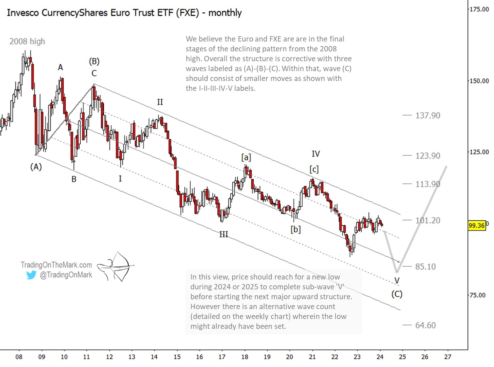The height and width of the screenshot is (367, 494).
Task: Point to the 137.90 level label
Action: [x=427, y=115]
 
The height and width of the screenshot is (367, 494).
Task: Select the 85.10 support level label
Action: [x=425, y=266]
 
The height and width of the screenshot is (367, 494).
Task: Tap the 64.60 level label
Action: [x=425, y=325]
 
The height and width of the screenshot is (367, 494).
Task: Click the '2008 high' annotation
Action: [x=27, y=41]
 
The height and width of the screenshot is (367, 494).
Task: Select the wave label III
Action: [x=223, y=234]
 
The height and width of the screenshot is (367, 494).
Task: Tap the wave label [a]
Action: [x=246, y=157]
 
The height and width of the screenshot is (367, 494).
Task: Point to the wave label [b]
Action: [x=296, y=229]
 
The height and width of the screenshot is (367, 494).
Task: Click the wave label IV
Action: [x=315, y=154]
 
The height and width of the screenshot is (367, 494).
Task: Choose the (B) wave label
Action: [x=94, y=61]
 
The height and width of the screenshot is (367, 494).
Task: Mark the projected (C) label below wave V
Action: [x=397, y=294]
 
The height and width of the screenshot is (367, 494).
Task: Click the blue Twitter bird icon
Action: [x=31, y=275]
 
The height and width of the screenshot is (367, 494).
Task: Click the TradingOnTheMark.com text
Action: [x=56, y=265]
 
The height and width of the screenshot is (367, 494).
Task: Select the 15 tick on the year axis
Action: [x=177, y=356]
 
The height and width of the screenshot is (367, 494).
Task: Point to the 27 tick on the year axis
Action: [x=447, y=356]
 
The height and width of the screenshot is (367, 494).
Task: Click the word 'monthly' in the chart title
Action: [x=225, y=12]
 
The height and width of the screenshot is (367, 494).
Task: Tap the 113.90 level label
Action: [x=427, y=184]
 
